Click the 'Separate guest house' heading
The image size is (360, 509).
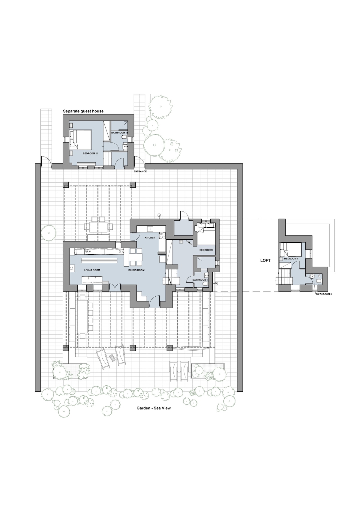(x=83, y=111)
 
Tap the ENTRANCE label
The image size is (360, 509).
(x=140, y=171)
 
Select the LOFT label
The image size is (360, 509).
(x=265, y=260)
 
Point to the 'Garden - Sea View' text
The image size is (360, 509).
(x=154, y=414)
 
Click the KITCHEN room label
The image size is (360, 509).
(x=150, y=238)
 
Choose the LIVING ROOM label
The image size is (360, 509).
(x=92, y=270)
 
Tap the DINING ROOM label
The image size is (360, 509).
(x=136, y=270)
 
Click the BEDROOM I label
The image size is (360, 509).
(x=206, y=250)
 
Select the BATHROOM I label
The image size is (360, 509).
(x=200, y=280)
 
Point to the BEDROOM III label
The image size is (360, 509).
(x=90, y=153)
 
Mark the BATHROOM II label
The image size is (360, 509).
(x=324, y=294)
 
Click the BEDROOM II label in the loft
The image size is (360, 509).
(x=291, y=259)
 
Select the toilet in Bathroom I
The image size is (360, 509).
(x=205, y=284)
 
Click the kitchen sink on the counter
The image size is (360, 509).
(x=151, y=228)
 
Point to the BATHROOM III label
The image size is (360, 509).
(x=119, y=133)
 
